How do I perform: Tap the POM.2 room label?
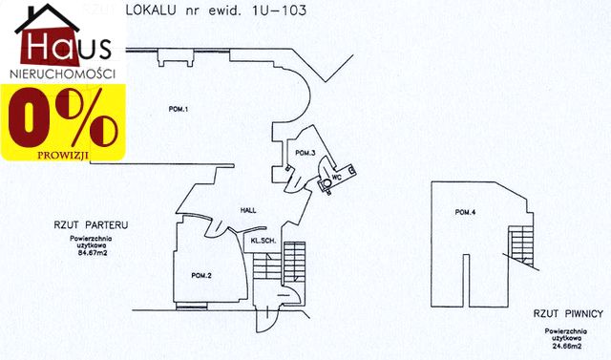pyautogui.click(x=200, y=276)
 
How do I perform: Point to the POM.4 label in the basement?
pyautogui.click(x=465, y=211)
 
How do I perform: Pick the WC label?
pyautogui.click(x=337, y=176)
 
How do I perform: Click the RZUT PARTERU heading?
pyautogui.click(x=91, y=225)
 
